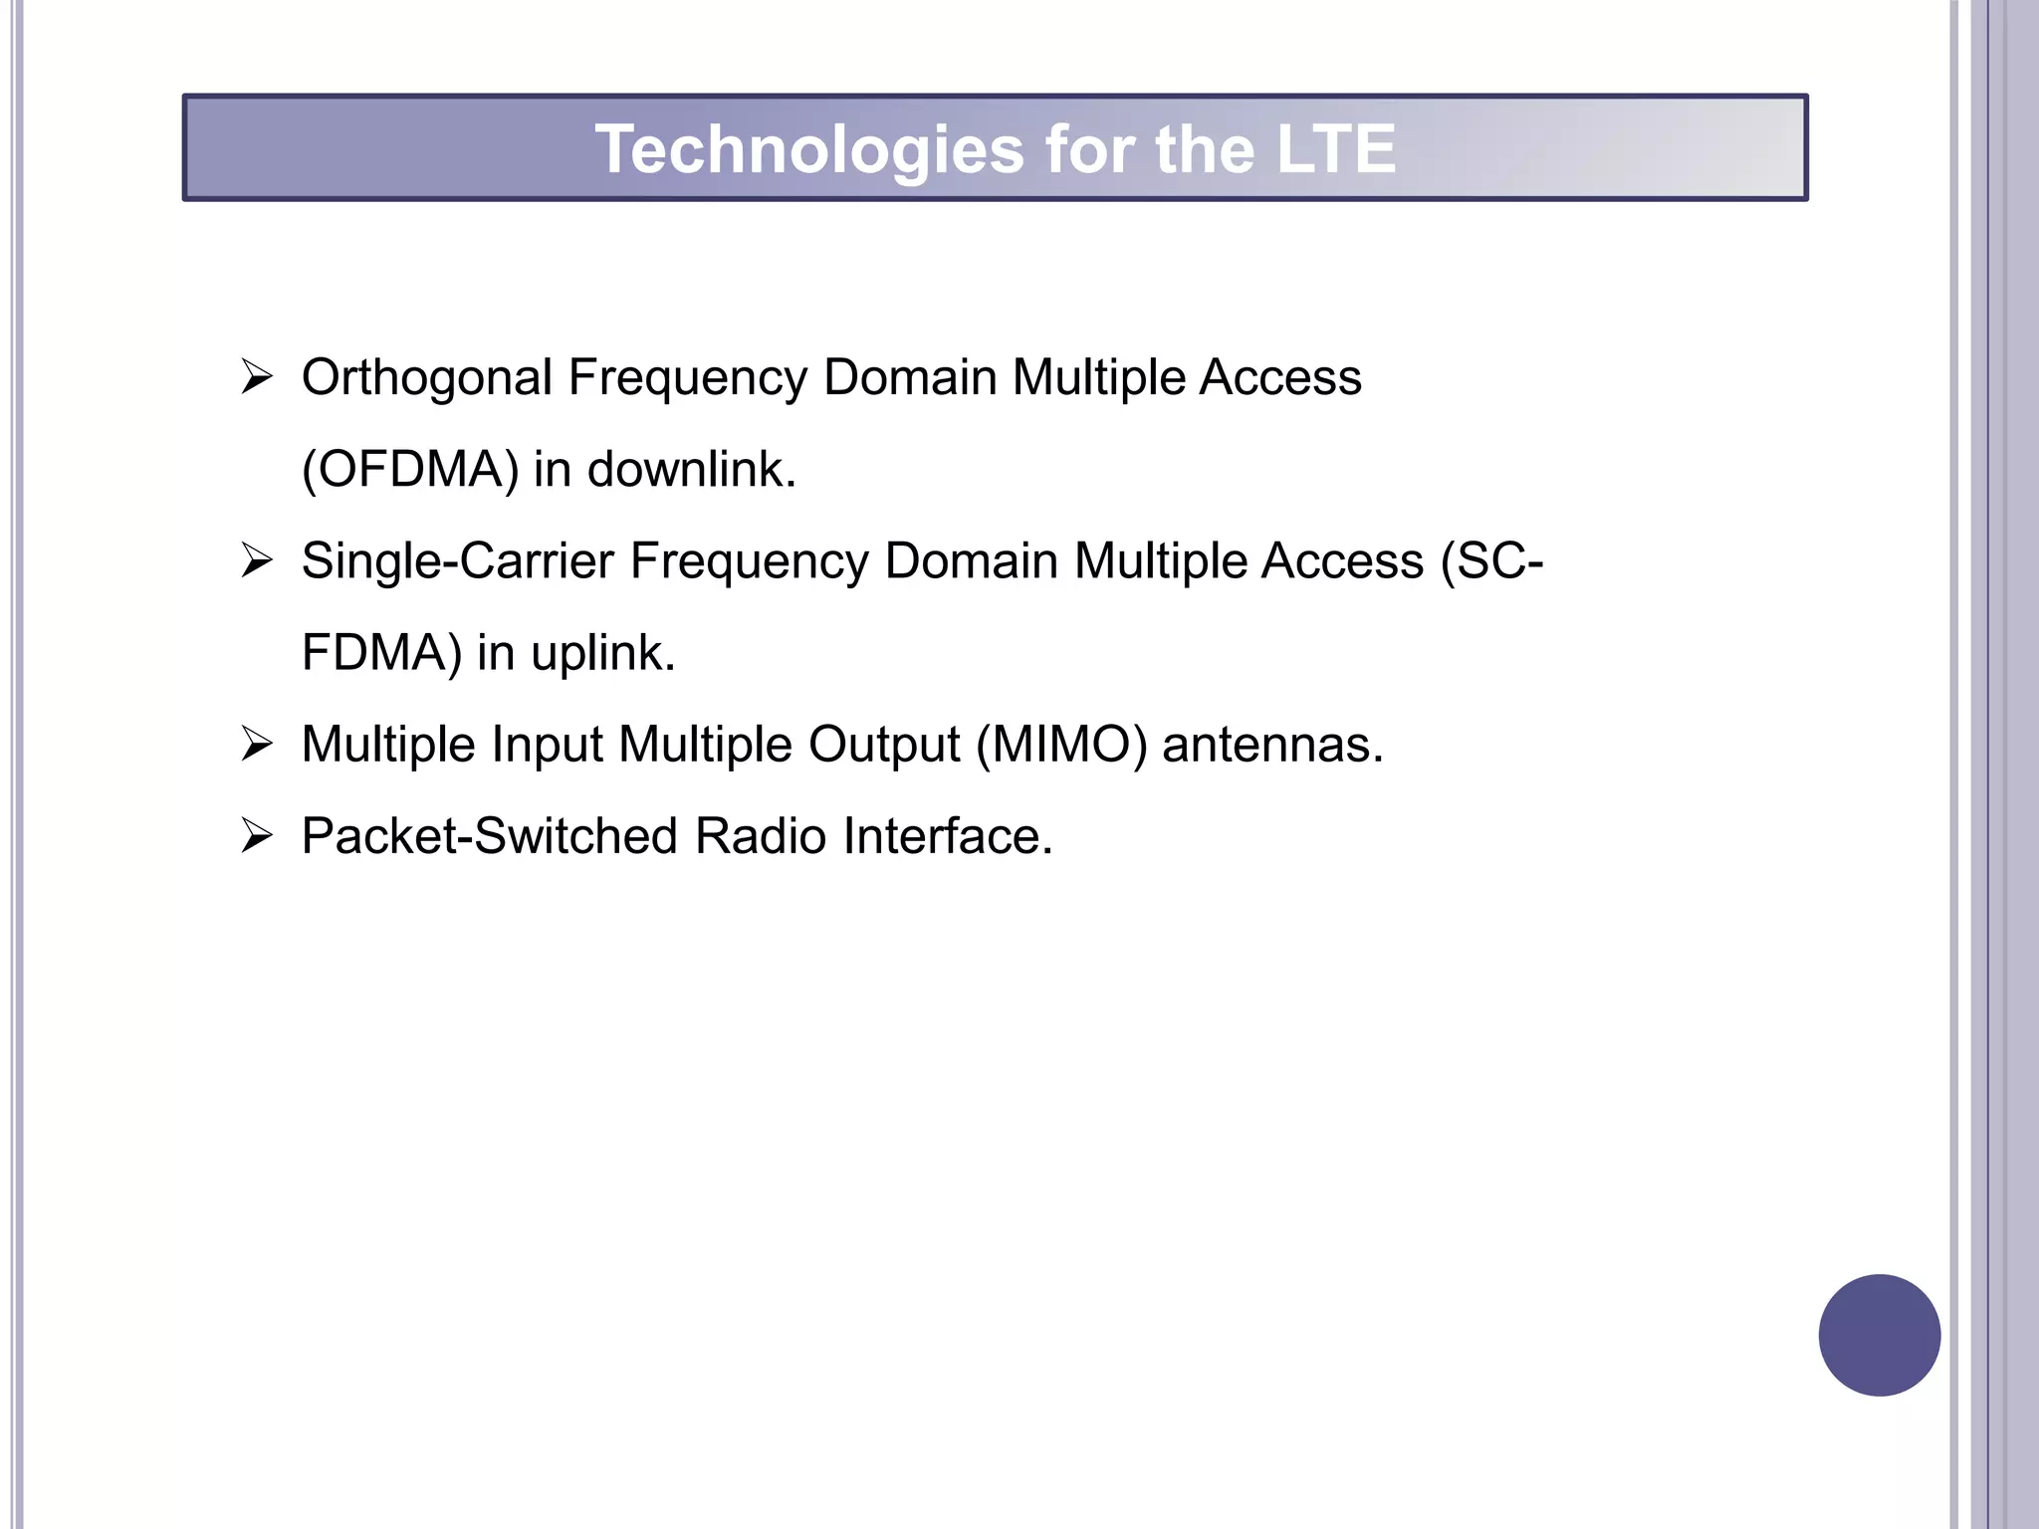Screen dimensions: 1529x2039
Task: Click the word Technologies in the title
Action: (x=809, y=150)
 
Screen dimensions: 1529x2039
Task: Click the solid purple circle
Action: (x=1879, y=1335)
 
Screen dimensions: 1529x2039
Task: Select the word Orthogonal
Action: (x=427, y=379)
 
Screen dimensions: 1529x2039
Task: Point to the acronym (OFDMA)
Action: (x=410, y=470)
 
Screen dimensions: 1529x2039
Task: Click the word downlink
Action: (x=691, y=470)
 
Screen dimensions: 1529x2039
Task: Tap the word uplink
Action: (x=602, y=654)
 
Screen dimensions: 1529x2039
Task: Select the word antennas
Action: (x=1272, y=745)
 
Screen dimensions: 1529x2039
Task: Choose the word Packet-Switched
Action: (x=490, y=836)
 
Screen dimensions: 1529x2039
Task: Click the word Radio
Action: (x=761, y=836)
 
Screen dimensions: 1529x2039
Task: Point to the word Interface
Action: (x=947, y=836)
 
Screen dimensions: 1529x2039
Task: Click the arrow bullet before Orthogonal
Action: (x=257, y=378)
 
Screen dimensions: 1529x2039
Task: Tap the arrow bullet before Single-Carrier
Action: (x=257, y=561)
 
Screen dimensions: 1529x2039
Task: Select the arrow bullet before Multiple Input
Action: (x=257, y=745)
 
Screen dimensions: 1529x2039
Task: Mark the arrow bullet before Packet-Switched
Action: (x=257, y=836)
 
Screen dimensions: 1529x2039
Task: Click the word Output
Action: (x=884, y=745)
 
